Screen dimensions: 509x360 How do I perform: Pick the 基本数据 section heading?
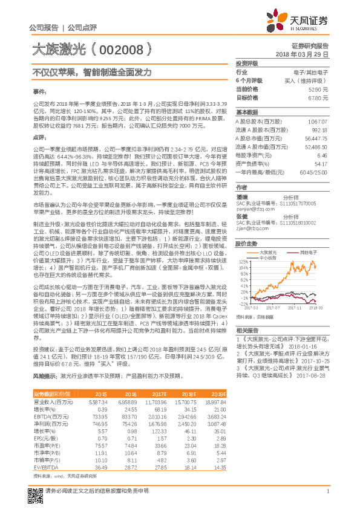(x=246, y=112)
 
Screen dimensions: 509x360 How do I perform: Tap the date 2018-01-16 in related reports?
(x=308, y=346)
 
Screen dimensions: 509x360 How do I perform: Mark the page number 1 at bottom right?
(x=327, y=491)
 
